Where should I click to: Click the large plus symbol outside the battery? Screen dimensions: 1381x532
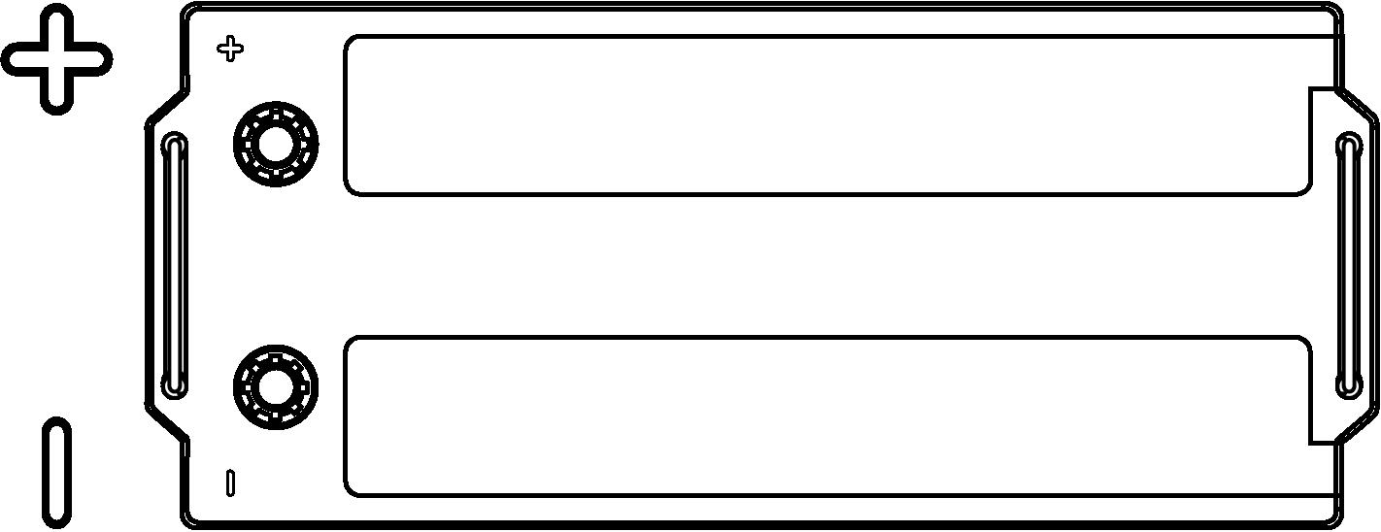pyautogui.click(x=56, y=59)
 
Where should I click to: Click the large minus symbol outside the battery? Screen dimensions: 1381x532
pyautogui.click(x=56, y=472)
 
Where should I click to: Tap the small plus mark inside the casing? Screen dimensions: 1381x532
pyautogui.click(x=230, y=49)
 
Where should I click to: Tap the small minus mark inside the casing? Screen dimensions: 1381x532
pyautogui.click(x=230, y=483)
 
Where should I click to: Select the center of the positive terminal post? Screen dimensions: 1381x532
pyautogui.click(x=276, y=145)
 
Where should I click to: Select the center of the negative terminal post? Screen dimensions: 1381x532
pyautogui.click(x=276, y=387)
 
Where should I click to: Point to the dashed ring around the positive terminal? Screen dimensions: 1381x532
pyautogui.click(x=276, y=145)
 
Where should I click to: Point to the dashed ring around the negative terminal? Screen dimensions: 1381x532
pyautogui.click(x=276, y=387)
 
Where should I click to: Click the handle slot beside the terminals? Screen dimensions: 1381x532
pyautogui.click(x=175, y=266)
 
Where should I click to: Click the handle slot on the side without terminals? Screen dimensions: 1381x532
pyautogui.click(x=1349, y=266)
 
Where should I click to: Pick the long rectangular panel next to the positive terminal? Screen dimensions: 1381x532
pyautogui.click(x=827, y=116)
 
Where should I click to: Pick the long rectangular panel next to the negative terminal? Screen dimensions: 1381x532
pyautogui.click(x=827, y=416)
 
